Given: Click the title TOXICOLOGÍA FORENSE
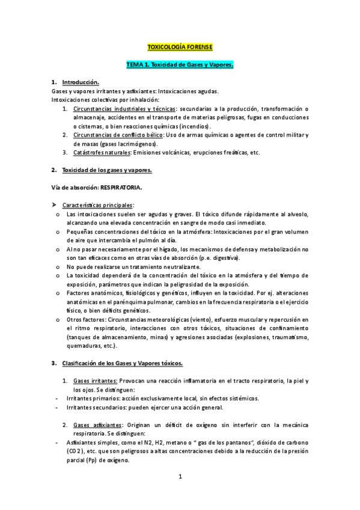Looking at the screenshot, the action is coord(180,47).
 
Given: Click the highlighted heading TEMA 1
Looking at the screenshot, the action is coord(180,64).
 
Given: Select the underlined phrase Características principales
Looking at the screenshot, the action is coord(98,205).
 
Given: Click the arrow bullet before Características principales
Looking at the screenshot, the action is coord(55,205).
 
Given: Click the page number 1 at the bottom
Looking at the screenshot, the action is coord(180,477).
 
